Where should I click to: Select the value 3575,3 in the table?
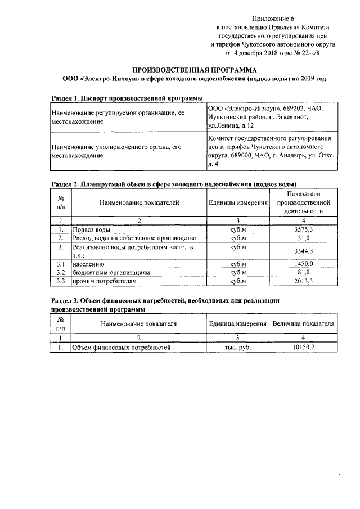pyautogui.click(x=303, y=229)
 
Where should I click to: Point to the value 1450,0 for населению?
pyautogui.click(x=303, y=263)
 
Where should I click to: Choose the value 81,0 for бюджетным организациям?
pyautogui.click(x=303, y=272)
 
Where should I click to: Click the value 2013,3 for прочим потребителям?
pyautogui.click(x=303, y=280)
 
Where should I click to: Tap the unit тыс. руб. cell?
pyautogui.click(x=237, y=347)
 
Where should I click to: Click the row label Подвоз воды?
pyautogui.click(x=91, y=229)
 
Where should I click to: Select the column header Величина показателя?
pyautogui.click(x=303, y=324)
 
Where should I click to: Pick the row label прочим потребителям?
pyautogui.click(x=104, y=280)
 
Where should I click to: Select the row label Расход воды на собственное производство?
pyautogui.click(x=134, y=238)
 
